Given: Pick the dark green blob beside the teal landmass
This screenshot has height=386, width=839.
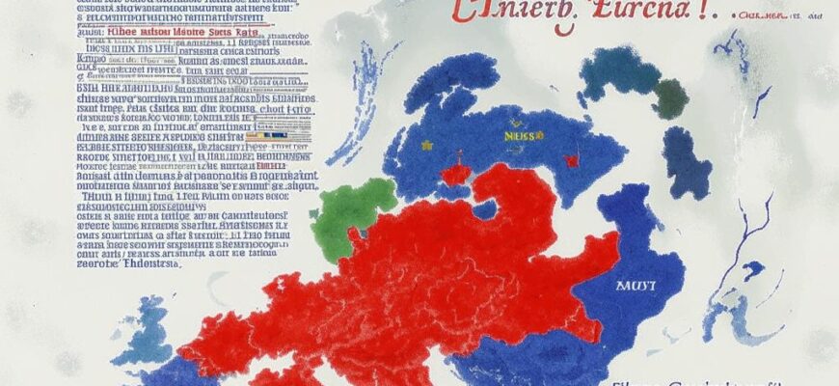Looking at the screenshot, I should pyautogui.click(x=670, y=97).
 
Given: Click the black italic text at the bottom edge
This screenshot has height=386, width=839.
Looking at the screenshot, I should pyautogui.click(x=694, y=382).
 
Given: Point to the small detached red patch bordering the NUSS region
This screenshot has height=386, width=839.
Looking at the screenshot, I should pyautogui.click(x=455, y=174).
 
